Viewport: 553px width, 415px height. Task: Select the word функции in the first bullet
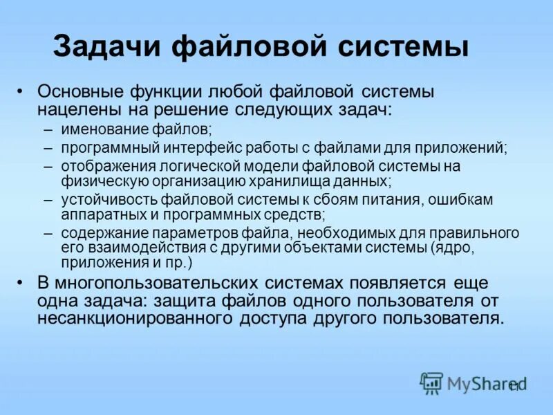165,93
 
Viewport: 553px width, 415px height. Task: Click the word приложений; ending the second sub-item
453,148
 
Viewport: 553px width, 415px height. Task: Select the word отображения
100,167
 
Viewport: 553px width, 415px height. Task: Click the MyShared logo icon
431,382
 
